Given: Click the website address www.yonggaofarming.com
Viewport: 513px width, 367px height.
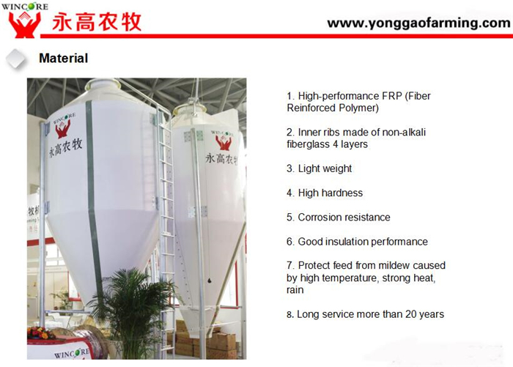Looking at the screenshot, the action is [x=418, y=23].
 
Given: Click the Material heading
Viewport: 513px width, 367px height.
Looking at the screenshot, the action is [x=64, y=58].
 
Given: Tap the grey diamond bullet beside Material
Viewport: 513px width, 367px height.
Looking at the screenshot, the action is [x=16, y=59].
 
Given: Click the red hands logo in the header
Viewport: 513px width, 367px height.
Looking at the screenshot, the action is [x=24, y=24].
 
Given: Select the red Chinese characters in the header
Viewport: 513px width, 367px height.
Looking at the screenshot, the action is [x=97, y=22].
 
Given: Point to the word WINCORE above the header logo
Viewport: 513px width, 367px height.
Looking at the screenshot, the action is [x=24, y=6].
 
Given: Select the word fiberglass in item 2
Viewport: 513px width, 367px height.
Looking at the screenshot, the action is [x=306, y=144].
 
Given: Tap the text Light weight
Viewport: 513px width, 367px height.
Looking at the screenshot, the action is [x=325, y=168].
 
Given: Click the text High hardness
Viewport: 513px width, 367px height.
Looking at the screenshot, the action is [x=331, y=193].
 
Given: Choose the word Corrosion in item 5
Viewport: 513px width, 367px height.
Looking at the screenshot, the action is [x=319, y=217].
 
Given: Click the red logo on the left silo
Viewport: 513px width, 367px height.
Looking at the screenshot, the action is [x=64, y=127].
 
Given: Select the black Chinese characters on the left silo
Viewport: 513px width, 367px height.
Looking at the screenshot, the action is [x=65, y=148].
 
